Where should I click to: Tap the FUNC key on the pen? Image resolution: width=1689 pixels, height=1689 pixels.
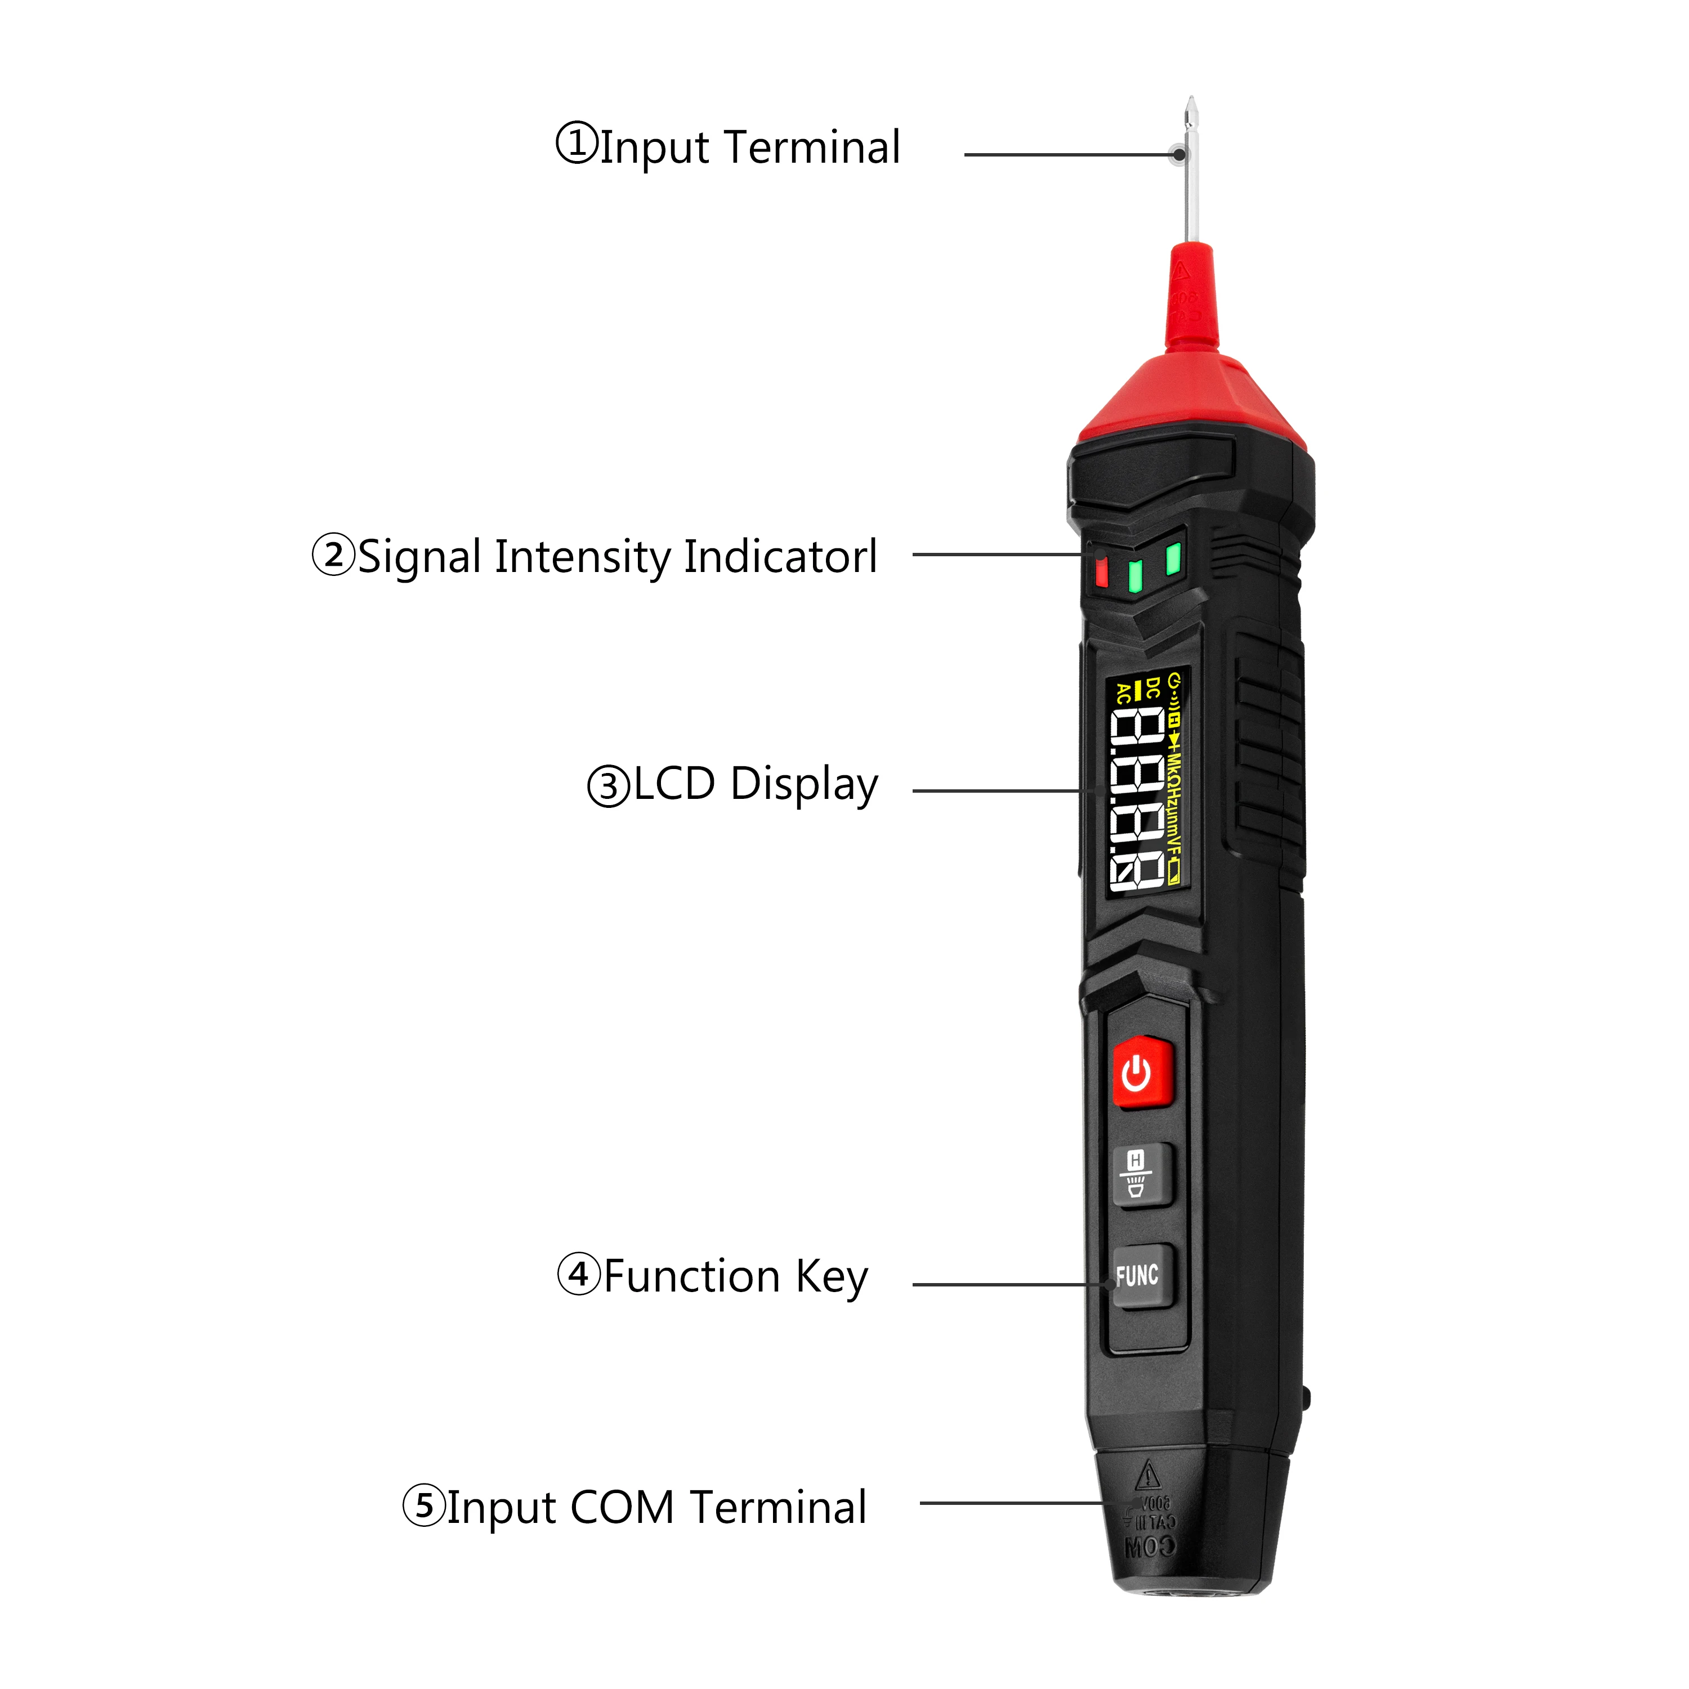click(x=1141, y=1276)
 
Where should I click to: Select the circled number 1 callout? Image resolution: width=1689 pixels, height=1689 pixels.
click(x=576, y=144)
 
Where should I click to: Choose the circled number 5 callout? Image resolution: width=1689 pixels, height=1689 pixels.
click(x=424, y=1505)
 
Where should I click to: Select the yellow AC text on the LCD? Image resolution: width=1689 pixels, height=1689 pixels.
click(x=1123, y=693)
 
